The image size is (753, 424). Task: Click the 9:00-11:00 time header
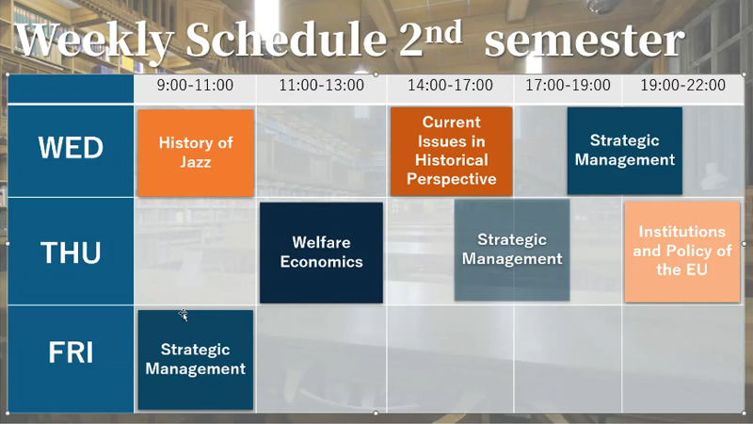click(x=195, y=85)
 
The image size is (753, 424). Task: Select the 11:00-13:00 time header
click(x=321, y=85)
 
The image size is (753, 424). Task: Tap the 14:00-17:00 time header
click(x=450, y=85)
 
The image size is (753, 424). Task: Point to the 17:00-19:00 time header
click(x=568, y=85)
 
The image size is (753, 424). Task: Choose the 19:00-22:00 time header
click(x=683, y=85)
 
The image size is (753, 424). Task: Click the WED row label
click(x=71, y=147)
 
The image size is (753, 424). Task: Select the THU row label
click(x=71, y=253)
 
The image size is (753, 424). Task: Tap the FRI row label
click(x=71, y=352)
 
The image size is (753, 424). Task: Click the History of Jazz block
click(x=196, y=153)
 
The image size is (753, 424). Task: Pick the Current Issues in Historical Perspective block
click(x=452, y=151)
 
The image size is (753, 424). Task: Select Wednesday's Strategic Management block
click(x=625, y=151)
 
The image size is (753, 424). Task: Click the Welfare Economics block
click(x=321, y=253)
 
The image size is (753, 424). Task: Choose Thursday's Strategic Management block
click(x=512, y=250)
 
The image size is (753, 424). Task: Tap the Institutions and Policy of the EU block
click(x=682, y=252)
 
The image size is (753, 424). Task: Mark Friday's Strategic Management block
click(x=196, y=360)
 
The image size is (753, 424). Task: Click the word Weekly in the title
click(x=94, y=40)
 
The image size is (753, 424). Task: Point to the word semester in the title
click(x=585, y=41)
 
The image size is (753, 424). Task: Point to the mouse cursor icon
click(x=183, y=315)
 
